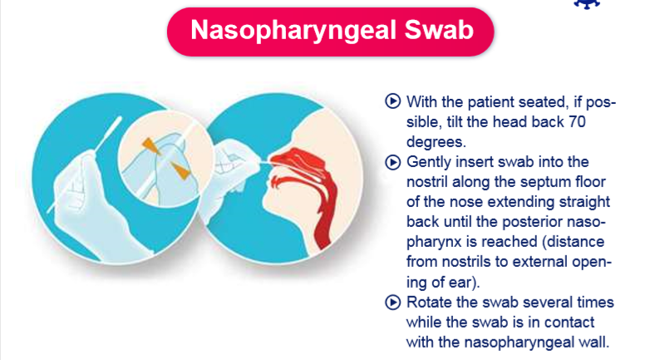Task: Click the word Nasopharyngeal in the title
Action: pos(293,31)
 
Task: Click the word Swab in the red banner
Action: pos(439,29)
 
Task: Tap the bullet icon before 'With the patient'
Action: pos(392,101)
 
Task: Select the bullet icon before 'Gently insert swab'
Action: pos(392,162)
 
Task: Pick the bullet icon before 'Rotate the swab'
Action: pos(392,303)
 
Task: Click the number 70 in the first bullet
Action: pos(577,121)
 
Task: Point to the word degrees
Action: pos(436,143)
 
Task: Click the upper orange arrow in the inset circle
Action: pos(150,145)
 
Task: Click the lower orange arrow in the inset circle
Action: pos(180,170)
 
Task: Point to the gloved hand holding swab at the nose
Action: pos(230,169)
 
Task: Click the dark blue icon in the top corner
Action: pos(587,4)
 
